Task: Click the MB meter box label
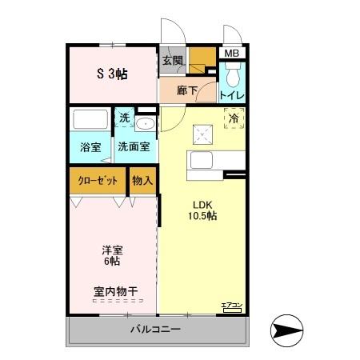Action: pyautogui.click(x=231, y=54)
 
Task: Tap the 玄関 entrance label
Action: pyautogui.click(x=172, y=60)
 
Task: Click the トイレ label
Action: pyautogui.click(x=232, y=95)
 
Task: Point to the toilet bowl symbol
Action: pyautogui.click(x=232, y=76)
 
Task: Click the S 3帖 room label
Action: pyautogui.click(x=113, y=74)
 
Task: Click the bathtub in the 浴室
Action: pyautogui.click(x=90, y=121)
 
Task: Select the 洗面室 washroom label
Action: pyautogui.click(x=134, y=147)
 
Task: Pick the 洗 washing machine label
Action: pyautogui.click(x=124, y=118)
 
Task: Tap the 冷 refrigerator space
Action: pyautogui.click(x=234, y=118)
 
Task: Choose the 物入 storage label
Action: pyautogui.click(x=142, y=180)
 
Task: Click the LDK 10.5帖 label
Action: pyautogui.click(x=202, y=210)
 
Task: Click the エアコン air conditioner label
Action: pyautogui.click(x=231, y=306)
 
